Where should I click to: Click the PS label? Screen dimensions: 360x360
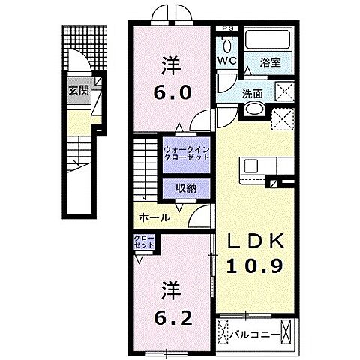point(228,30)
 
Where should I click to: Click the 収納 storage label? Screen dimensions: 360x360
point(187,189)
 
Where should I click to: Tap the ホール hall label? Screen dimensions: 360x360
point(152,217)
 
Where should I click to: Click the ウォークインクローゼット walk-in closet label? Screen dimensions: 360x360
point(187,153)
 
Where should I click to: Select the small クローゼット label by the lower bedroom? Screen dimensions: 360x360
point(144,244)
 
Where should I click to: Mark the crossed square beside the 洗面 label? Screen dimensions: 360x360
point(286,92)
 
